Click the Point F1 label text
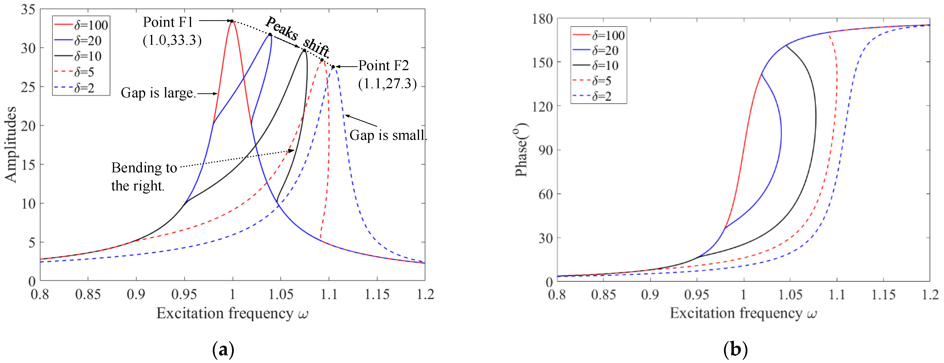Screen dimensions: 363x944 [x=168, y=23]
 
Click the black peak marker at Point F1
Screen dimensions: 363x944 [x=232, y=21]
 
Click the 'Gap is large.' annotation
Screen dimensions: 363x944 [x=158, y=93]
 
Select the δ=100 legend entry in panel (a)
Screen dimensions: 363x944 [x=81, y=25]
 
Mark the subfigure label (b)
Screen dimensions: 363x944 [x=735, y=350]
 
